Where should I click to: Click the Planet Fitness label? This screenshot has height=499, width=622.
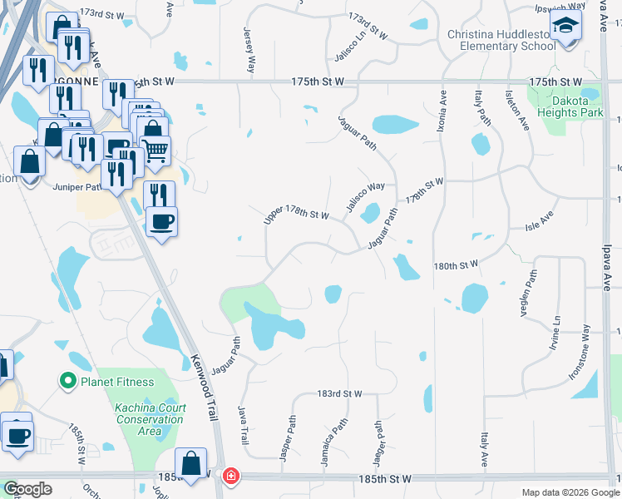116,382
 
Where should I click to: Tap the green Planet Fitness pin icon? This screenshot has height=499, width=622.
67,382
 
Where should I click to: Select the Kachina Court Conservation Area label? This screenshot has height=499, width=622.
149,419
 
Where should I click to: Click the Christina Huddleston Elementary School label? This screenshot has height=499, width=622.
501,40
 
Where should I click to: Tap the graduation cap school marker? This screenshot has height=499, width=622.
565,27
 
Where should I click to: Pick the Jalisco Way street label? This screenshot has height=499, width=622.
366,196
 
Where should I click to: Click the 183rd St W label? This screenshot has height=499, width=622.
340,393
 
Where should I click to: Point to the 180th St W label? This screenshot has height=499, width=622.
456,265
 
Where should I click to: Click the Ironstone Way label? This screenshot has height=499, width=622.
580,353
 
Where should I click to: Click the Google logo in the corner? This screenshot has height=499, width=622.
27,488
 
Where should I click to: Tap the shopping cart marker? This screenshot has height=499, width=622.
156,150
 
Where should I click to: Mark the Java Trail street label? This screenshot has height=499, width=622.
244,426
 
